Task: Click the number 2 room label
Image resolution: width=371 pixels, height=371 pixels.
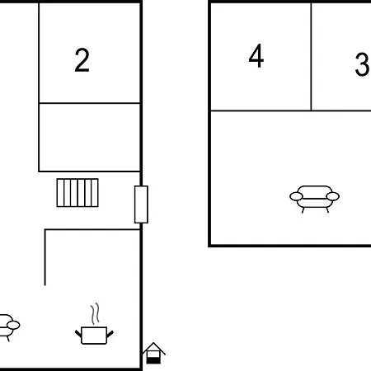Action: (x=82, y=60)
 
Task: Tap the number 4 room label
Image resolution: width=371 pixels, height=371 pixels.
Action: (x=256, y=56)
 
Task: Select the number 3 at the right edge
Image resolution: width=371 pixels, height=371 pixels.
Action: (x=362, y=64)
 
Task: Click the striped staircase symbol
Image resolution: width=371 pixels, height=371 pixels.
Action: (x=77, y=193)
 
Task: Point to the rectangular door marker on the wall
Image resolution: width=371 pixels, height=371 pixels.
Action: (x=141, y=204)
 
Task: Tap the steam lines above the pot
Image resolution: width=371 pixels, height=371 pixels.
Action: (x=95, y=313)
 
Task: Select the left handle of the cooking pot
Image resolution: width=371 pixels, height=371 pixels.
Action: (x=78, y=334)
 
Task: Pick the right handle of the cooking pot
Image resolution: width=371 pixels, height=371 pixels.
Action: (x=110, y=334)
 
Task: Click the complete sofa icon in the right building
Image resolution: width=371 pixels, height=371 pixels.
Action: (x=315, y=198)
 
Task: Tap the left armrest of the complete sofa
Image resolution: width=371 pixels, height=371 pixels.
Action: (x=296, y=196)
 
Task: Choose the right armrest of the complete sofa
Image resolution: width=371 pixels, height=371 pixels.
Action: (x=333, y=196)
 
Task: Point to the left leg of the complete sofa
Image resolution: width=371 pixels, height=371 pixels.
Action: (x=303, y=210)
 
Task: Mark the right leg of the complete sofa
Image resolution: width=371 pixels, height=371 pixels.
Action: (x=327, y=210)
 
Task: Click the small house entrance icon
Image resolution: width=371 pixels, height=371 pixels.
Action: (x=153, y=353)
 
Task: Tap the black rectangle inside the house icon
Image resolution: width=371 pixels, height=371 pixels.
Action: (x=153, y=360)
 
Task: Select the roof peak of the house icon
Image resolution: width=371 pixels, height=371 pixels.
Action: (x=153, y=343)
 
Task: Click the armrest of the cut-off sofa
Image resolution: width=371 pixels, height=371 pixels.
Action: (x=13, y=325)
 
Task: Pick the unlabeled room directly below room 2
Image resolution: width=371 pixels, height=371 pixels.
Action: (x=90, y=137)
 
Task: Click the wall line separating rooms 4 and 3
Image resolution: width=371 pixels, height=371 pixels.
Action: (x=311, y=57)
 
